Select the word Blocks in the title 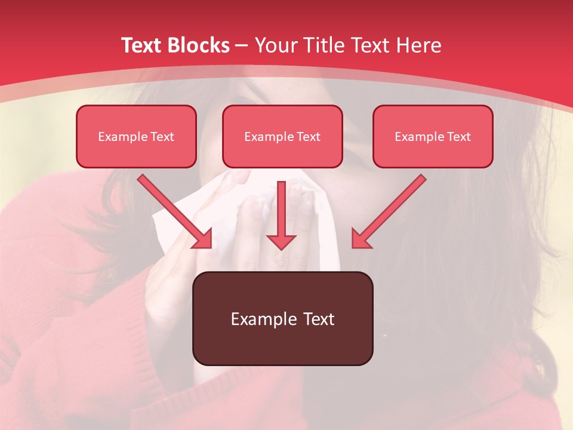coord(198,45)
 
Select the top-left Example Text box coord(136,136)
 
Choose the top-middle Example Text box coord(282,136)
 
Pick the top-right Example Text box coord(433,136)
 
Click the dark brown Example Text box coord(282,318)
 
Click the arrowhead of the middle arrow coord(281,241)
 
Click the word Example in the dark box coord(264,320)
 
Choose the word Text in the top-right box coord(459,137)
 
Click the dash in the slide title coord(242,45)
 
